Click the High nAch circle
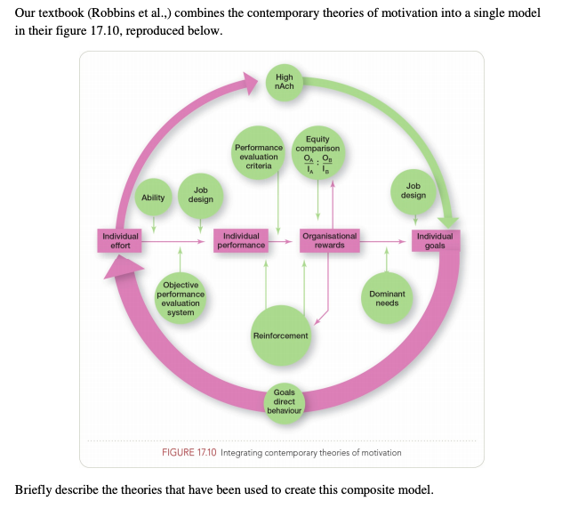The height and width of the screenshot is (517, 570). (x=285, y=82)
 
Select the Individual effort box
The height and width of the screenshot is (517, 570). (x=120, y=240)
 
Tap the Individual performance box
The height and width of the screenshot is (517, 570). (x=241, y=240)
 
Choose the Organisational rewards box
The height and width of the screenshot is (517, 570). (x=329, y=240)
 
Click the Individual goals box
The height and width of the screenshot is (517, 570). (x=435, y=240)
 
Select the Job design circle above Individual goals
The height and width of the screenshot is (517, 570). (x=413, y=190)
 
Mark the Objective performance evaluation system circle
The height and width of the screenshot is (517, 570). (x=181, y=298)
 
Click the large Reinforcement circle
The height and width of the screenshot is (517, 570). (x=281, y=335)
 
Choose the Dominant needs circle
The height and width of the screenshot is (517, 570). (x=387, y=298)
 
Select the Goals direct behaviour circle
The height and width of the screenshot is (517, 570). (x=285, y=402)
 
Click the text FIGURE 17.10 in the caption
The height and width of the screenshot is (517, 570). (x=189, y=453)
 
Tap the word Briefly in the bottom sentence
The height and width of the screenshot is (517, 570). (x=35, y=490)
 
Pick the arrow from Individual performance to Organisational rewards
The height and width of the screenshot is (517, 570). (x=283, y=240)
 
